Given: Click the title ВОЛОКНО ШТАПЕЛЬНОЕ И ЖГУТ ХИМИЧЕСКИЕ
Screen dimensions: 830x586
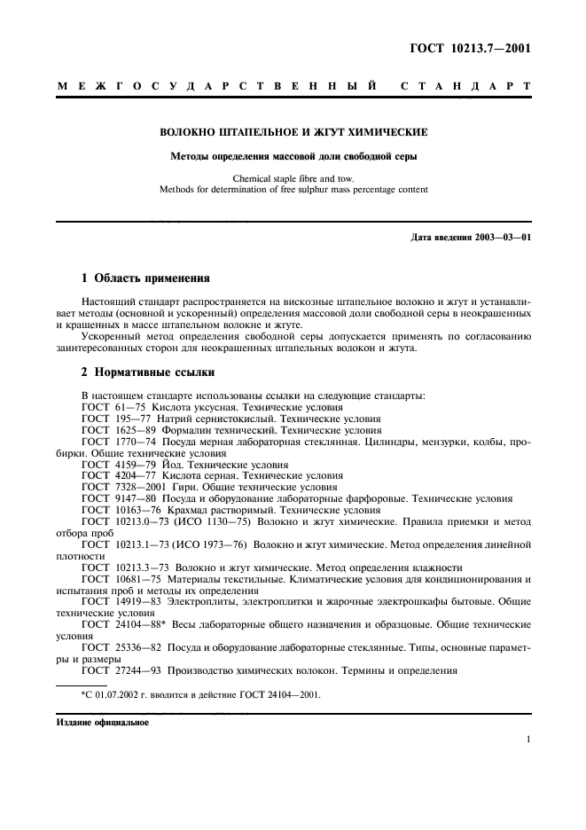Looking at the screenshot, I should click(x=293, y=132).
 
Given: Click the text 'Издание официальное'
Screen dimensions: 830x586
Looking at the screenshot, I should click(x=105, y=722).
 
